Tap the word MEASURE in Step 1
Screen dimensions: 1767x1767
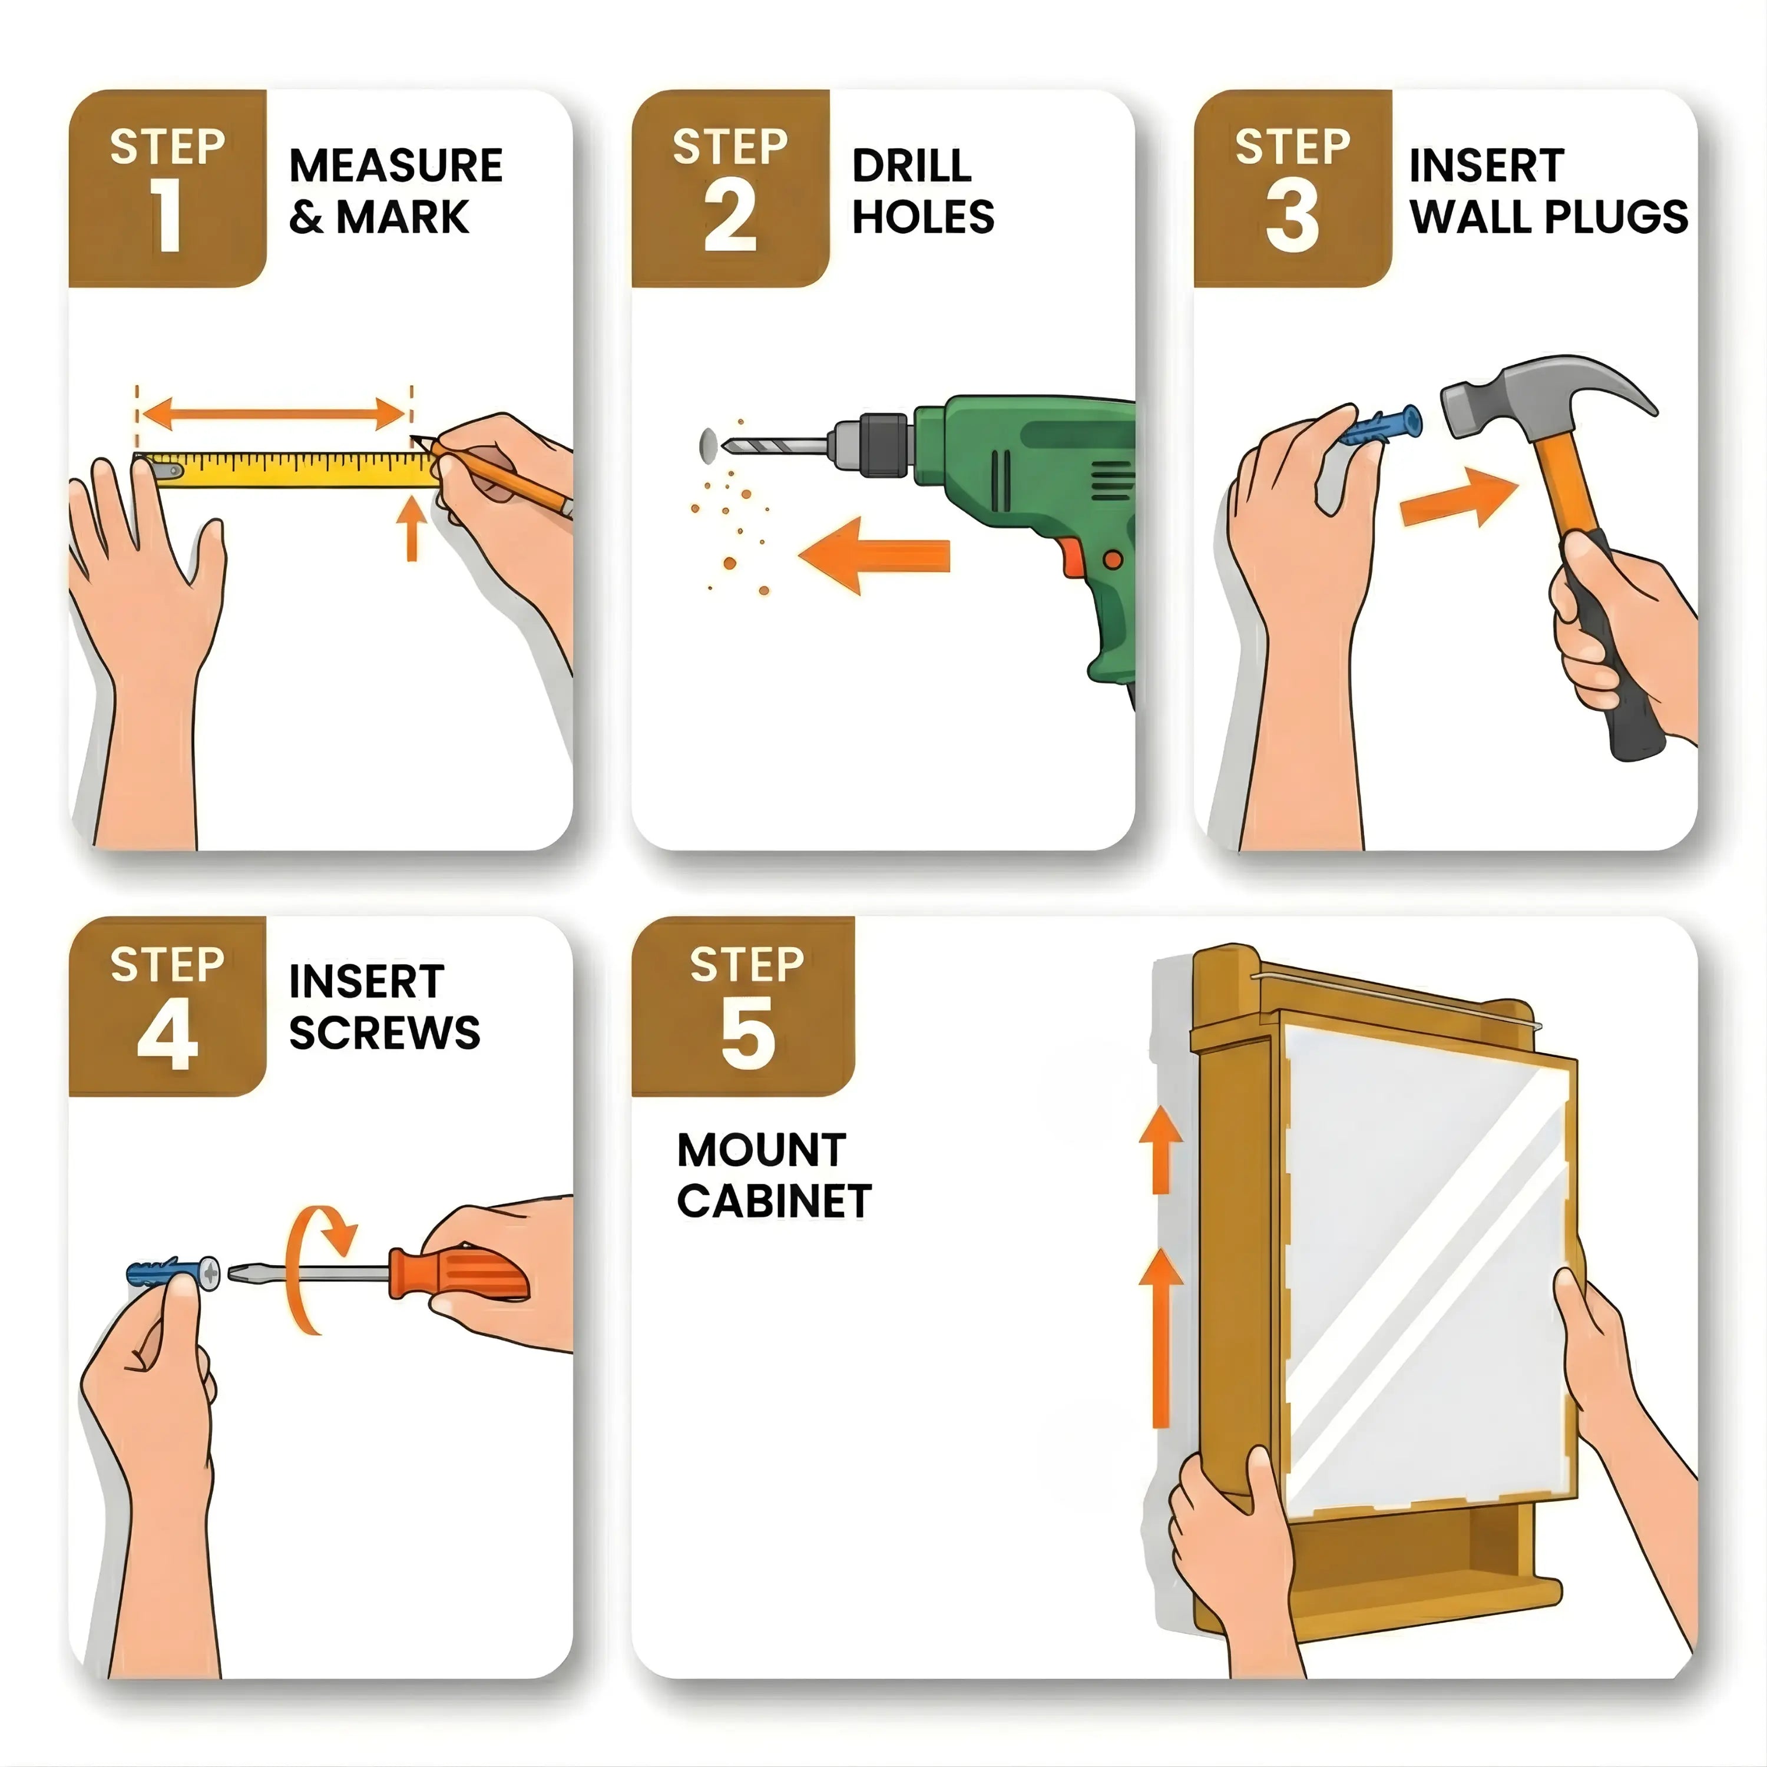pyautogui.click(x=395, y=167)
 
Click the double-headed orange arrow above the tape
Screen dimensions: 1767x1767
pyautogui.click(x=273, y=413)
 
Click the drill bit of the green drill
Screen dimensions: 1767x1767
pyautogui.click(x=768, y=445)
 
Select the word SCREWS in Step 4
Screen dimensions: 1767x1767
pyautogui.click(x=384, y=1034)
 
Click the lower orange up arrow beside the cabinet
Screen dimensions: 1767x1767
pyautogui.click(x=1160, y=1345)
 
